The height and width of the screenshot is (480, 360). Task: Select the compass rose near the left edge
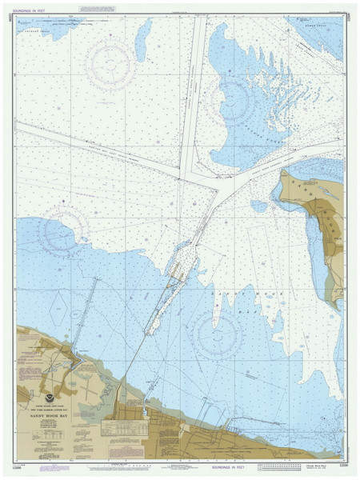pyautogui.click(x=62, y=232)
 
